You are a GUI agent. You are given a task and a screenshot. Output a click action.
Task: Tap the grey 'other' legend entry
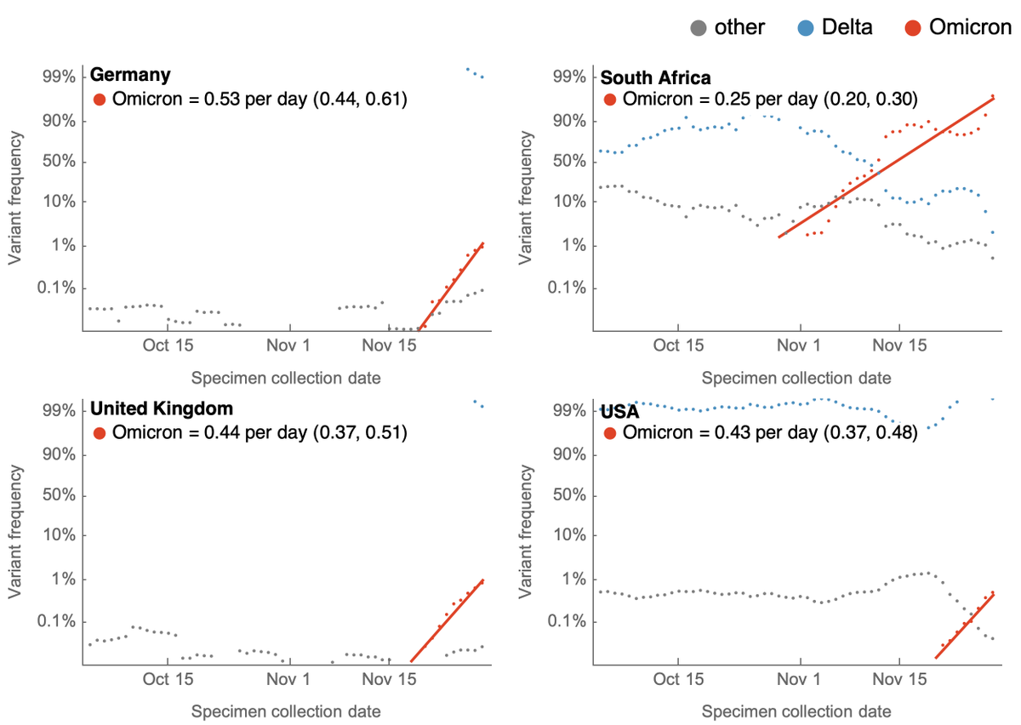click(x=728, y=27)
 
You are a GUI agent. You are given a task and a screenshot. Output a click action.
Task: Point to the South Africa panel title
click(x=655, y=77)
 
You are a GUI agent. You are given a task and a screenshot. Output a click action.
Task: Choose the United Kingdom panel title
click(x=161, y=408)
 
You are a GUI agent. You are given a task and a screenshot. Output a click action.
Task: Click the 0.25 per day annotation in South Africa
click(x=761, y=99)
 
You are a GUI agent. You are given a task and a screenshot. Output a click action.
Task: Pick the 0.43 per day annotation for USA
click(x=761, y=432)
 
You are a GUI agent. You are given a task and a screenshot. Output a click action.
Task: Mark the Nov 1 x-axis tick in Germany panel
click(x=290, y=345)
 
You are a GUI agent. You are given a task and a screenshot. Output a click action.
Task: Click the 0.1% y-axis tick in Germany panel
click(x=56, y=288)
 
